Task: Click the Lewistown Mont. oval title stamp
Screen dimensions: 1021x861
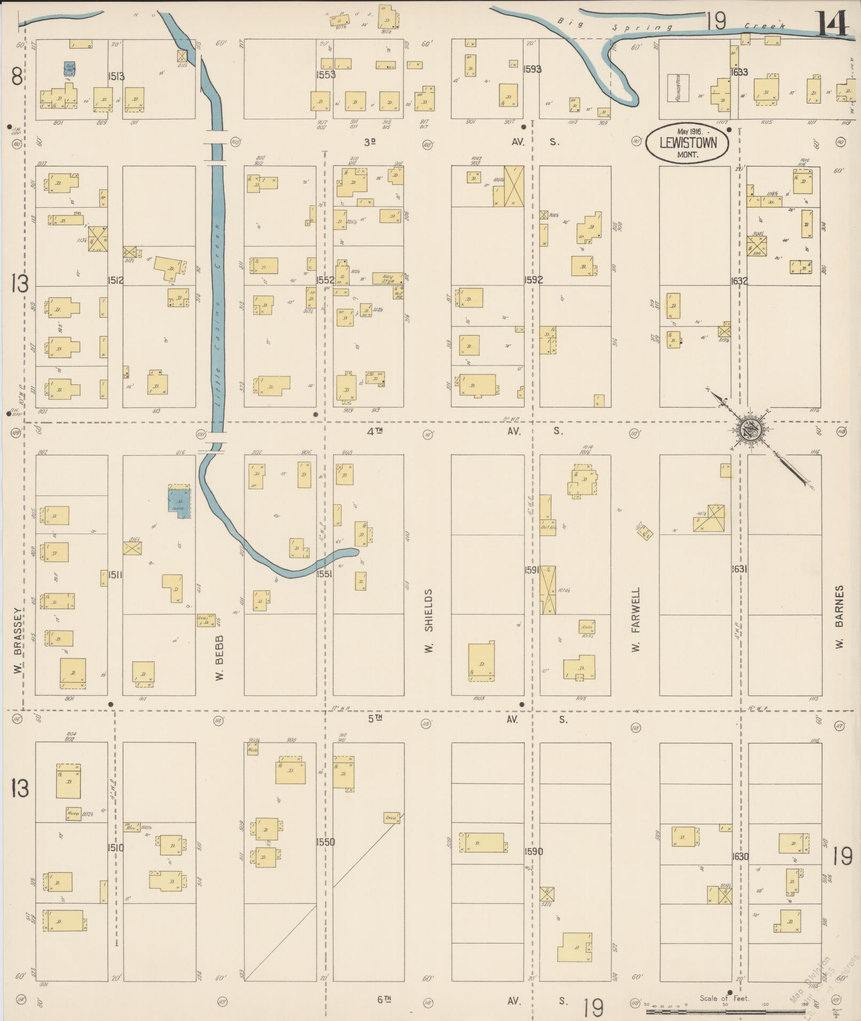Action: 687,143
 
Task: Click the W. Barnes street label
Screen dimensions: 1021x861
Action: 840,617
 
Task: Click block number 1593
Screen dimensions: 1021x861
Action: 532,69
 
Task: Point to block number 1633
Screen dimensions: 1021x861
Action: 739,72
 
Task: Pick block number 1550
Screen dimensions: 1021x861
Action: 325,842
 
